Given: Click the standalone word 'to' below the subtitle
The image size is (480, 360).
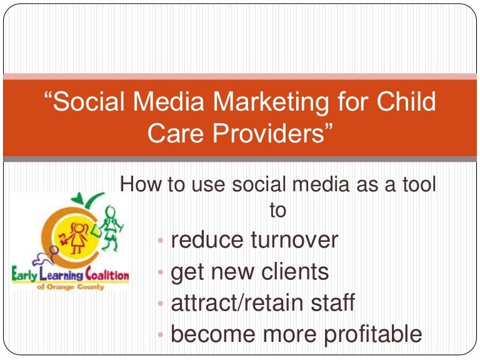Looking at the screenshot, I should coord(277,210).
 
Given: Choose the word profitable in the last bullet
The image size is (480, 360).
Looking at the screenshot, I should coord(369,334).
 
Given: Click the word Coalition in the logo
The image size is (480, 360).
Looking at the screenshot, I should coord(104,275).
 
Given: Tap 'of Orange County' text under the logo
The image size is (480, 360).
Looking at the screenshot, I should coord(70,286).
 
